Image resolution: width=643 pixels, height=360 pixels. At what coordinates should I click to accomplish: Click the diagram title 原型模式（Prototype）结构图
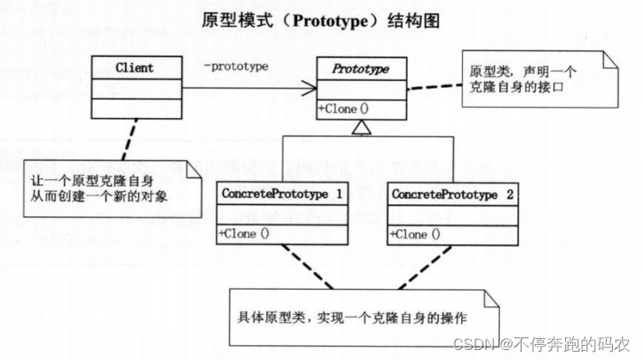pyautogui.click(x=321, y=19)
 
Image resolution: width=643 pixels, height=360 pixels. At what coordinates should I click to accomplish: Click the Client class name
pyautogui.click(x=134, y=68)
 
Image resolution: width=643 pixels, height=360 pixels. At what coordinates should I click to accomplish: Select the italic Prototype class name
pyautogui.click(x=361, y=69)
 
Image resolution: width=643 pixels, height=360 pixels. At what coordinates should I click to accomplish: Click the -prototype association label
pyautogui.click(x=235, y=67)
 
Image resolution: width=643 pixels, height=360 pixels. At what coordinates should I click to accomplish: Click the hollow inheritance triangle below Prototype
pyautogui.click(x=360, y=126)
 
